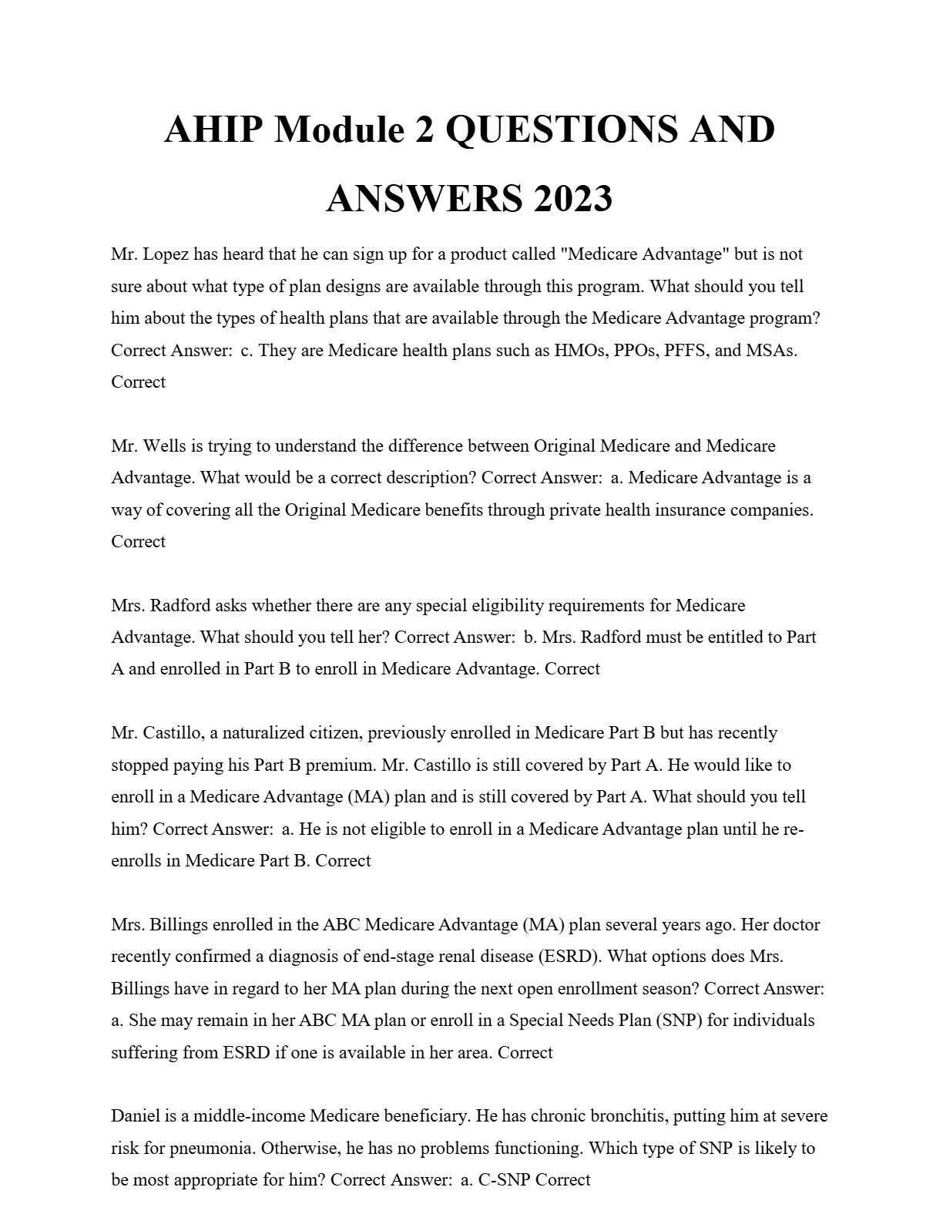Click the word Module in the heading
pyautogui.click(x=339, y=129)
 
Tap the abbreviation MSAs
pyautogui.click(x=771, y=351)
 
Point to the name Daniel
pyautogui.click(x=135, y=1116)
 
